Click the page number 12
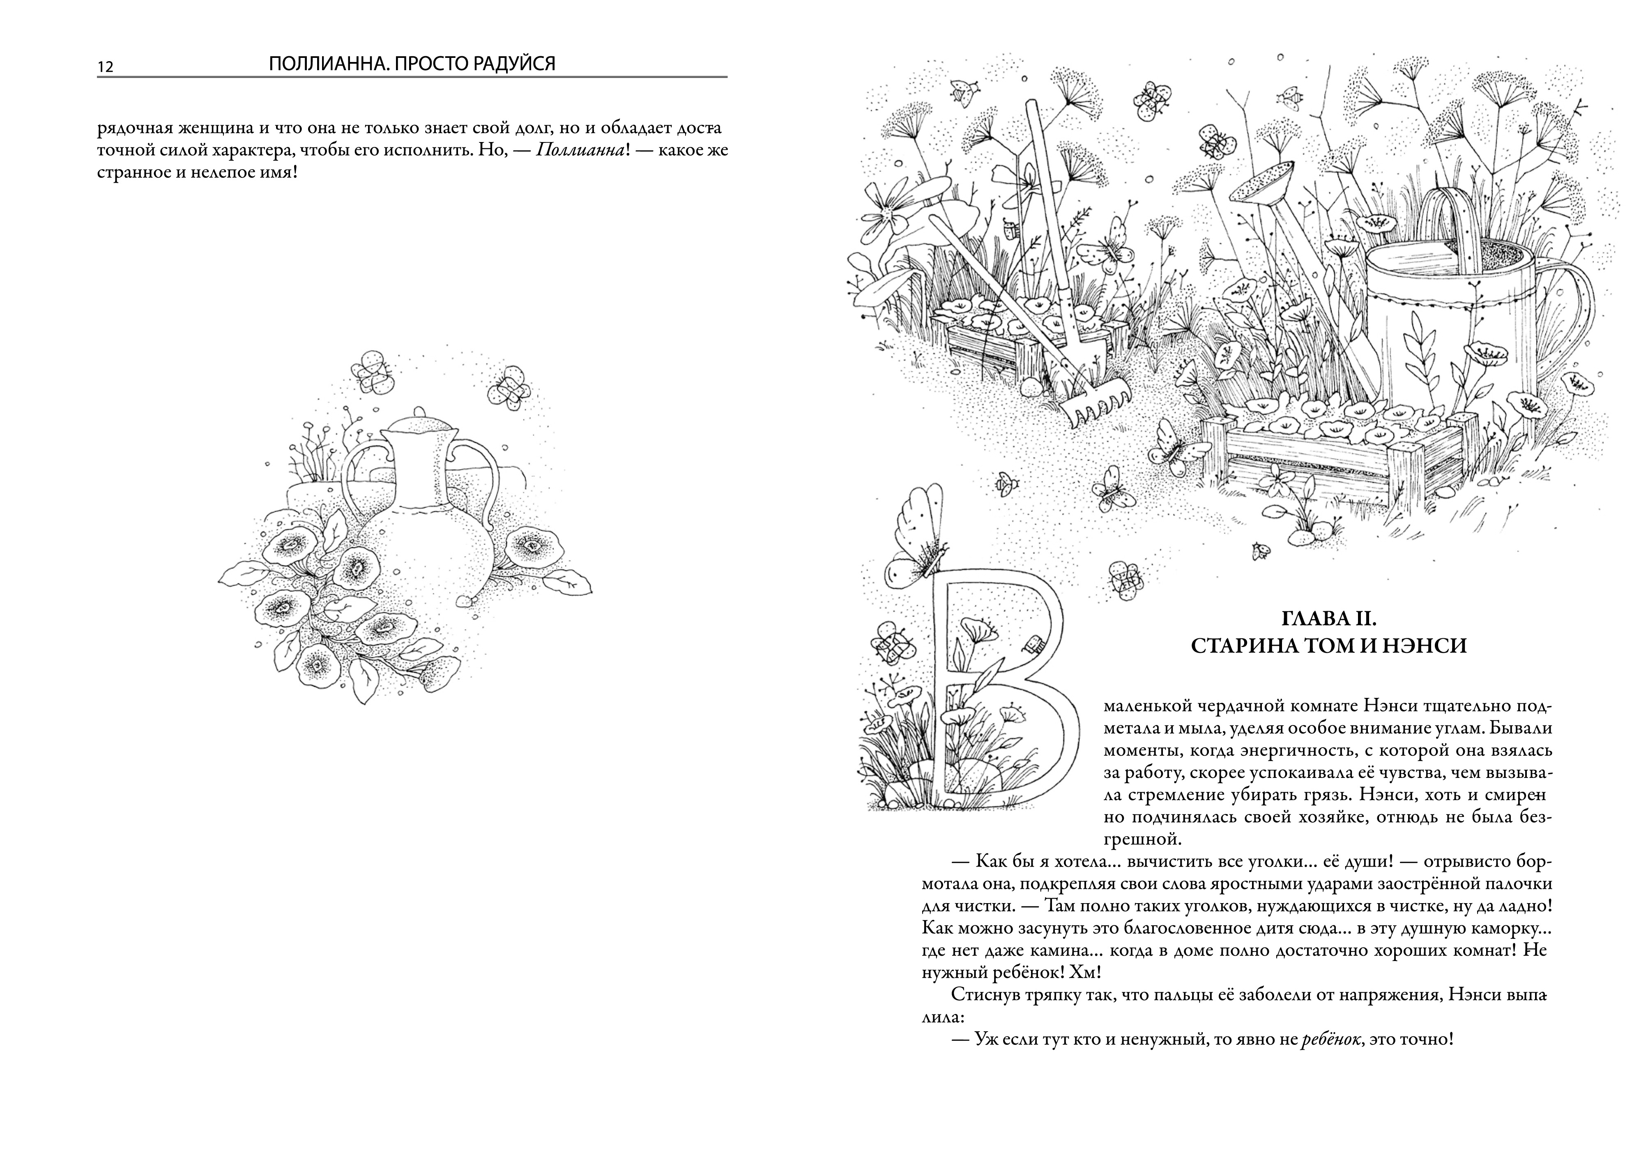[x=105, y=67]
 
